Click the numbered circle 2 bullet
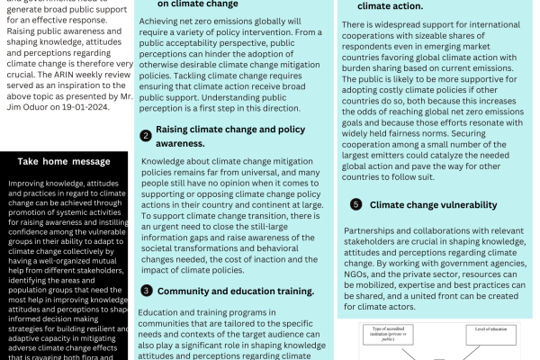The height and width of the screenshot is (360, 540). pyautogui.click(x=145, y=135)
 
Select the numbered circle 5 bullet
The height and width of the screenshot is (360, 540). pyautogui.click(x=355, y=204)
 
